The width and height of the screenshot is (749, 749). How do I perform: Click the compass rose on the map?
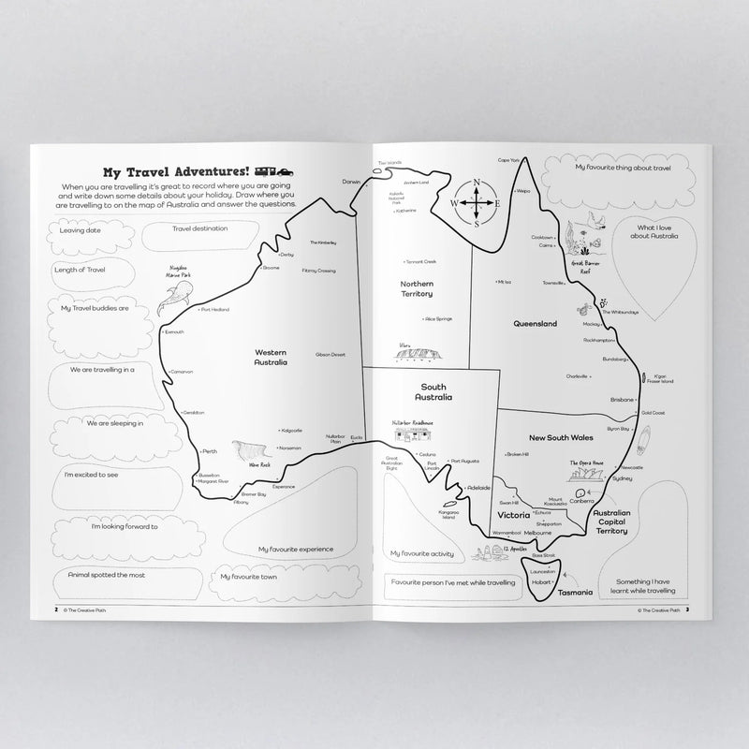pyautogui.click(x=476, y=202)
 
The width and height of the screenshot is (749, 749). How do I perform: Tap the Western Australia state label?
pyautogui.click(x=271, y=357)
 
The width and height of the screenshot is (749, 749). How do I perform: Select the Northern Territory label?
pyautogui.click(x=416, y=288)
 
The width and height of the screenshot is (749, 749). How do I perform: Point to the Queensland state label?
pyautogui.click(x=535, y=323)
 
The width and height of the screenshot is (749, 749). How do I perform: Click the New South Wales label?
pyautogui.click(x=562, y=437)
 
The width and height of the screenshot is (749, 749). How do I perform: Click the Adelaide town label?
pyautogui.click(x=478, y=488)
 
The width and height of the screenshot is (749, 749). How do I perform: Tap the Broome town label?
pyautogui.click(x=271, y=268)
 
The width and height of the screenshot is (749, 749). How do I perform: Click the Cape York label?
pyautogui.click(x=508, y=160)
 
